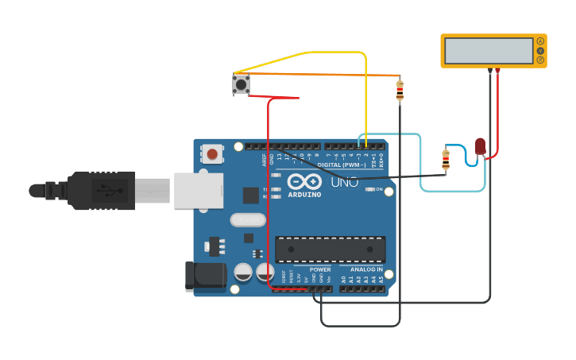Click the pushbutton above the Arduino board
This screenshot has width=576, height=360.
[x=241, y=83]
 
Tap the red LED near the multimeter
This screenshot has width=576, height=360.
[x=480, y=146]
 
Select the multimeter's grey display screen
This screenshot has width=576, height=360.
[x=489, y=51]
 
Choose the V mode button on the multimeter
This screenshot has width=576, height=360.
[x=540, y=51]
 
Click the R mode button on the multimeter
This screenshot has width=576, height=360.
[x=540, y=60]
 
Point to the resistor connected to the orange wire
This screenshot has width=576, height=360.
[x=399, y=91]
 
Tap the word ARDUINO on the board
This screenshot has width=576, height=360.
[x=304, y=194]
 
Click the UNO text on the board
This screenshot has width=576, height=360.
[x=344, y=182]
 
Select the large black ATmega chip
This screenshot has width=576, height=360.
[x=330, y=250]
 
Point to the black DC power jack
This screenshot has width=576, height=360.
[x=205, y=275]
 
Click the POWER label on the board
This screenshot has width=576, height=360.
[x=320, y=269]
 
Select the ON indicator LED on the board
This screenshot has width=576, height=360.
[x=370, y=189]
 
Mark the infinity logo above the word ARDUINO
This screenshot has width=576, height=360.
[x=303, y=181]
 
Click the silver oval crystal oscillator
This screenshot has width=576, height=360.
[x=247, y=219]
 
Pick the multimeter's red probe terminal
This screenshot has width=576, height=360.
[x=497, y=71]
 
